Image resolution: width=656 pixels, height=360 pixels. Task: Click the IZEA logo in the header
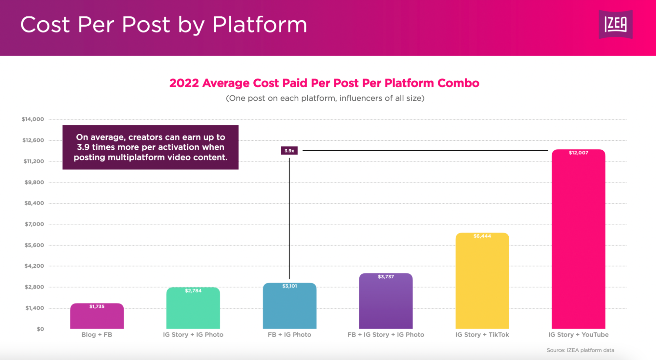tap(615, 24)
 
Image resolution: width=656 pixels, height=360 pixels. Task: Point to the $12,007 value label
tap(578, 153)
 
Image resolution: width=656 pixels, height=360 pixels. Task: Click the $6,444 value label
tap(482, 236)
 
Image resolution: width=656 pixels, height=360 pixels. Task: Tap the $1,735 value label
tap(97, 307)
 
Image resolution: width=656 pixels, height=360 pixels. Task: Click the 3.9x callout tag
tap(289, 151)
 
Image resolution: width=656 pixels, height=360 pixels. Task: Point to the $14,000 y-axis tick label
tap(32, 119)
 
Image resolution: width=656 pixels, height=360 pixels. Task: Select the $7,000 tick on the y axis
tap(34, 224)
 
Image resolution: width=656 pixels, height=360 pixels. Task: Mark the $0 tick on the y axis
tap(40, 329)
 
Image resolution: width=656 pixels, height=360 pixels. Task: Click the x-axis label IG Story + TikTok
tap(482, 335)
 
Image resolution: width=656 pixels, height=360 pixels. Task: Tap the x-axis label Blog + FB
tap(97, 335)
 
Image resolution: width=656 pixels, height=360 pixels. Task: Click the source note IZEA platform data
tap(580, 350)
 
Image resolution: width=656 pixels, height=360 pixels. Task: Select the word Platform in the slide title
tap(260, 25)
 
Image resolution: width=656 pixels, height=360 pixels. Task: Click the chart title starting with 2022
tap(324, 83)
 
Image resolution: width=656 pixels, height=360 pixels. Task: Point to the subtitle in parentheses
tap(325, 98)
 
